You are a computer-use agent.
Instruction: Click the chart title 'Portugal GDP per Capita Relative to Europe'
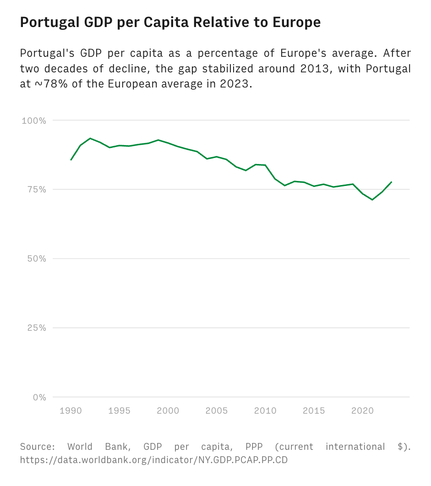click(x=170, y=22)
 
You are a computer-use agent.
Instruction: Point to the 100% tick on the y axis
click(x=34, y=120)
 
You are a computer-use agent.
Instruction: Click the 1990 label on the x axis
click(x=71, y=410)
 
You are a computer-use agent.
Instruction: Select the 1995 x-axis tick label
click(x=120, y=410)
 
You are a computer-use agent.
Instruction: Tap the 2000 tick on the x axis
click(x=168, y=410)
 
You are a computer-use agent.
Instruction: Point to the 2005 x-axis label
click(x=217, y=410)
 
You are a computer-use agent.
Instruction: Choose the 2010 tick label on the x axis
click(x=265, y=410)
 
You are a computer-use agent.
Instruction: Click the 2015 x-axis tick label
click(x=314, y=410)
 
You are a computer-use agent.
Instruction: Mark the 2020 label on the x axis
click(x=362, y=410)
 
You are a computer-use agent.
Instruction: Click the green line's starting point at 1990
click(x=71, y=160)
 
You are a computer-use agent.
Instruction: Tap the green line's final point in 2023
click(x=392, y=182)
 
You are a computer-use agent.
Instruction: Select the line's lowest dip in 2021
click(x=372, y=200)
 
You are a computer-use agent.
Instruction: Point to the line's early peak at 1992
click(x=90, y=138)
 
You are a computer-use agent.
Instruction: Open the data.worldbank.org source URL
click(x=154, y=460)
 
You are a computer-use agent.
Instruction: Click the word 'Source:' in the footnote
click(x=38, y=447)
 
